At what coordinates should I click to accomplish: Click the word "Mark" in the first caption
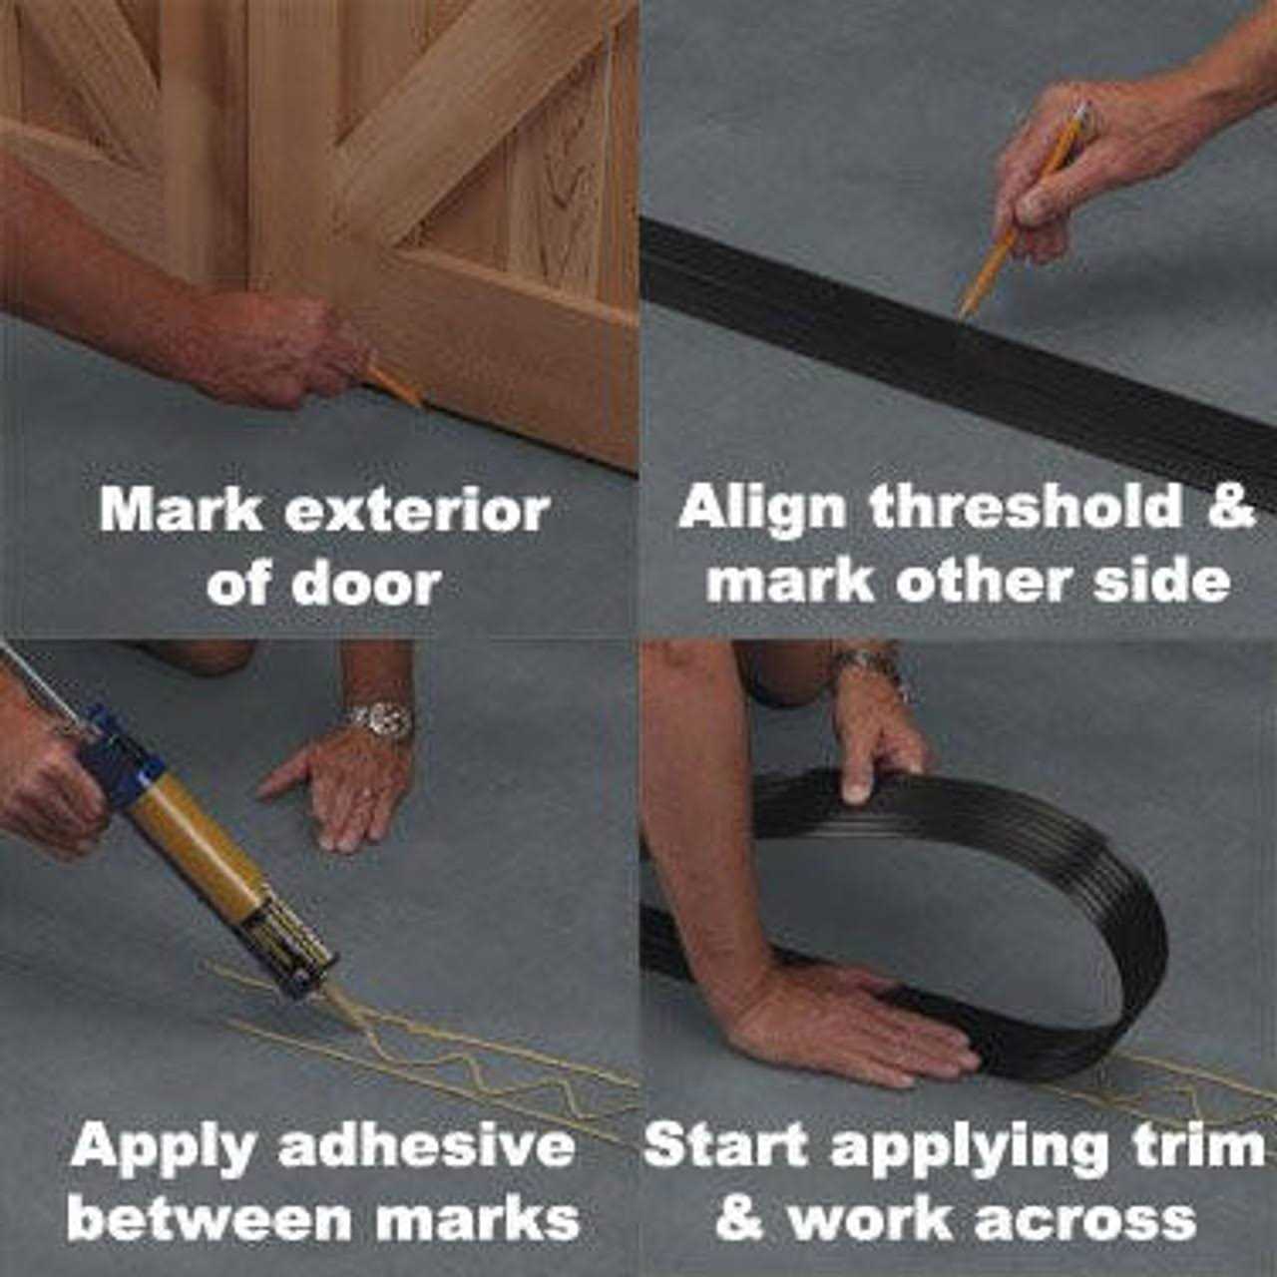181,511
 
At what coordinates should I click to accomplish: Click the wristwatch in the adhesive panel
380,718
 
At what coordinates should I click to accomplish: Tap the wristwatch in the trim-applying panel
868,664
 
